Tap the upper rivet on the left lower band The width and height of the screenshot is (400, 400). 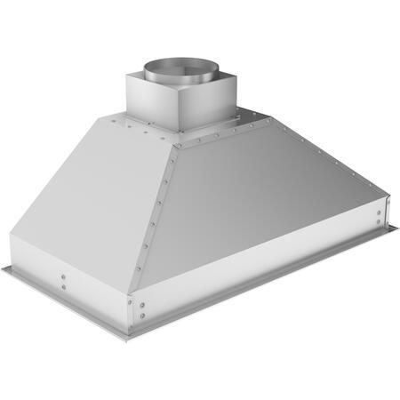click(x=63, y=276)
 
